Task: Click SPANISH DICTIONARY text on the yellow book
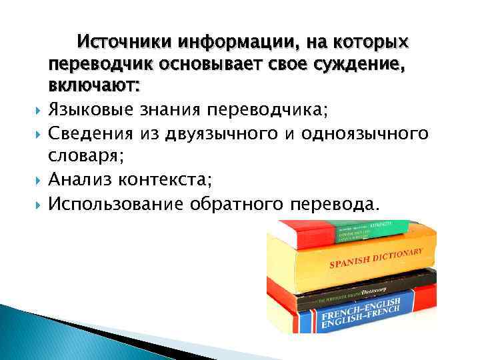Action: (376, 259)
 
